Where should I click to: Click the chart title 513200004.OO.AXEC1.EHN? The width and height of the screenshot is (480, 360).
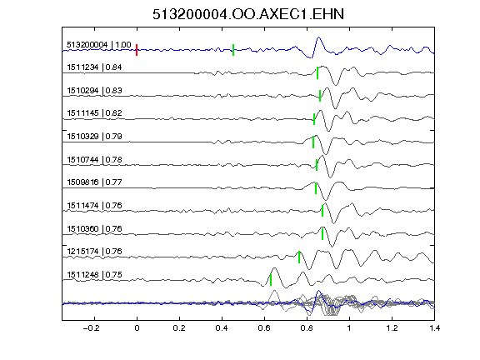tap(248, 14)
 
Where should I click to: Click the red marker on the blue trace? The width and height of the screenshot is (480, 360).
tap(137, 50)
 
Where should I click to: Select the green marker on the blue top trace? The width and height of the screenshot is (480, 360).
tap(233, 50)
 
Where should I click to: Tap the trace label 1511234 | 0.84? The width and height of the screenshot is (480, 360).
tap(94, 67)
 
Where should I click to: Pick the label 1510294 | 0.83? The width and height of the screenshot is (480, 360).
tap(94, 91)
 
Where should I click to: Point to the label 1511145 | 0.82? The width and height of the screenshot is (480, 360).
tap(94, 113)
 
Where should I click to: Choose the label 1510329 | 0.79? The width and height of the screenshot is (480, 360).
tap(94, 136)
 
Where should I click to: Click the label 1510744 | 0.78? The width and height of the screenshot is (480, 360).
tap(94, 160)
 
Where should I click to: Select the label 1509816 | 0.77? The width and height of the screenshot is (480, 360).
tap(94, 182)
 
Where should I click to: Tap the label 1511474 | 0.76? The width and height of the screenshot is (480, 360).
tap(94, 205)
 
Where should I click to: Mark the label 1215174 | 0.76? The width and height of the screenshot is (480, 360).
tap(94, 252)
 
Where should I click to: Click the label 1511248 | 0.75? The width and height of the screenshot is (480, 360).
tap(94, 275)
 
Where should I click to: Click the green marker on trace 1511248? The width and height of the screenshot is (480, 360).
tap(271, 280)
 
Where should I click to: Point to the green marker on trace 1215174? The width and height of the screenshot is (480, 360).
tap(299, 257)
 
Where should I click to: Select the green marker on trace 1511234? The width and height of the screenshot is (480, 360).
tap(317, 73)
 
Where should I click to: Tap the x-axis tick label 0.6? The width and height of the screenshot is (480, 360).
tap(264, 328)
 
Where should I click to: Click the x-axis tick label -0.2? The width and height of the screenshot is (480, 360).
tap(91, 328)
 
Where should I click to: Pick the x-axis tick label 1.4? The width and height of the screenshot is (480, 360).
tap(434, 328)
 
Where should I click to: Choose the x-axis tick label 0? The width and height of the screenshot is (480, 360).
tap(137, 328)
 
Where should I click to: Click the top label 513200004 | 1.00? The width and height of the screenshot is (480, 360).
tap(99, 45)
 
